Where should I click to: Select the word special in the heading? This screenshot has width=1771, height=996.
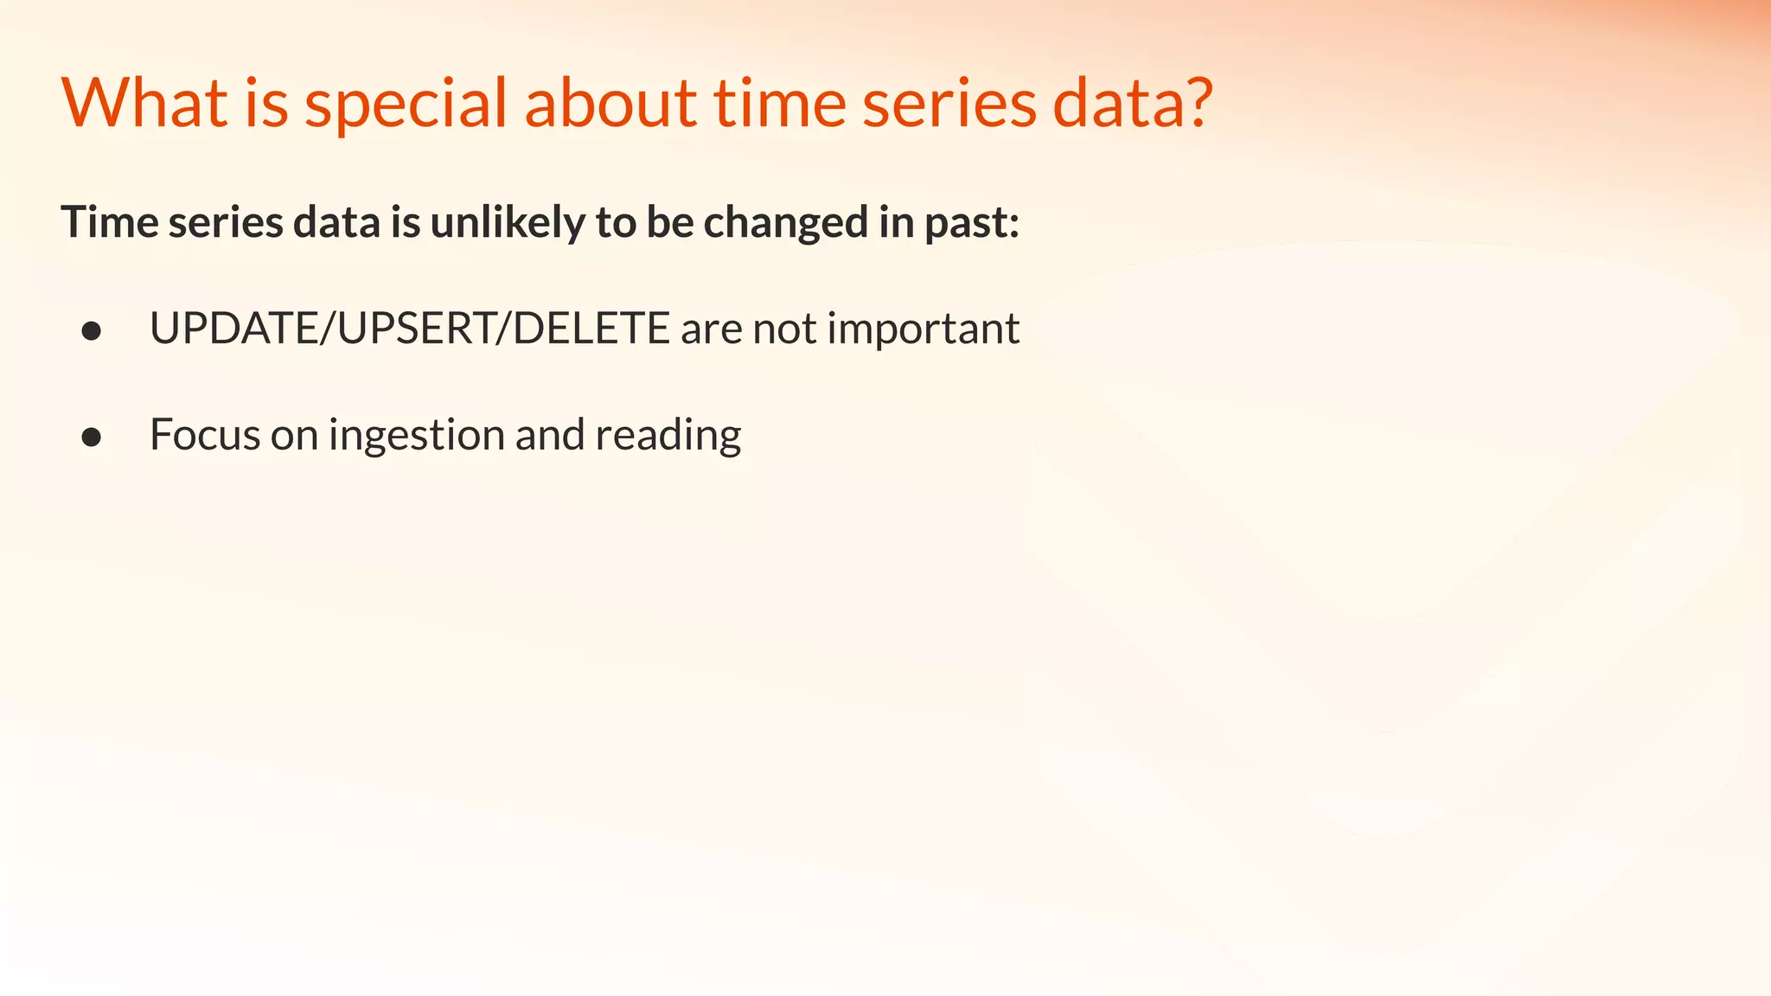click(405, 103)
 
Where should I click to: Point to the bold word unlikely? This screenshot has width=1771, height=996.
click(508, 222)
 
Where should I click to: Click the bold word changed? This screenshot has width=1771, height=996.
click(785, 222)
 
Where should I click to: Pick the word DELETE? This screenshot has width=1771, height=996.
click(591, 329)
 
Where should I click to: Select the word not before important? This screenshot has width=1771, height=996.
click(784, 329)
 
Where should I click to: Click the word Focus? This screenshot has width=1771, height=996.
click(204, 434)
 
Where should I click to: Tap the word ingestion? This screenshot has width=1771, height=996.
click(417, 434)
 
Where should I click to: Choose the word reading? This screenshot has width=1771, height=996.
click(668, 434)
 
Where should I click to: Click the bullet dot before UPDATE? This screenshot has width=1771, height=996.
click(92, 331)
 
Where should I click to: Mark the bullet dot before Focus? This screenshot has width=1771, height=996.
click(92, 437)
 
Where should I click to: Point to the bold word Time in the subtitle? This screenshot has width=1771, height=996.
click(110, 222)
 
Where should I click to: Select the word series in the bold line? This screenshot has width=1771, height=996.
click(226, 222)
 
